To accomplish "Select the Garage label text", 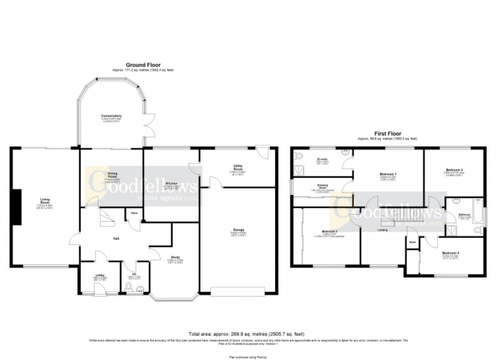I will (x=238, y=229).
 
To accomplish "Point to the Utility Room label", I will (x=238, y=167).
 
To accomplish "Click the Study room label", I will (x=176, y=257).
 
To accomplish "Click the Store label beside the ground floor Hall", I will (x=133, y=212).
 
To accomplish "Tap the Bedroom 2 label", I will (x=453, y=170).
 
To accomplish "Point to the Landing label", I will (x=383, y=230).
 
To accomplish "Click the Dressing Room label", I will (x=322, y=186).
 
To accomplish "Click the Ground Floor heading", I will (x=143, y=65).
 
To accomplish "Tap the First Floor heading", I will (x=387, y=133).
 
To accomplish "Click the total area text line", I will (x=248, y=334).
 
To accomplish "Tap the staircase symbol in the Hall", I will (x=106, y=218).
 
